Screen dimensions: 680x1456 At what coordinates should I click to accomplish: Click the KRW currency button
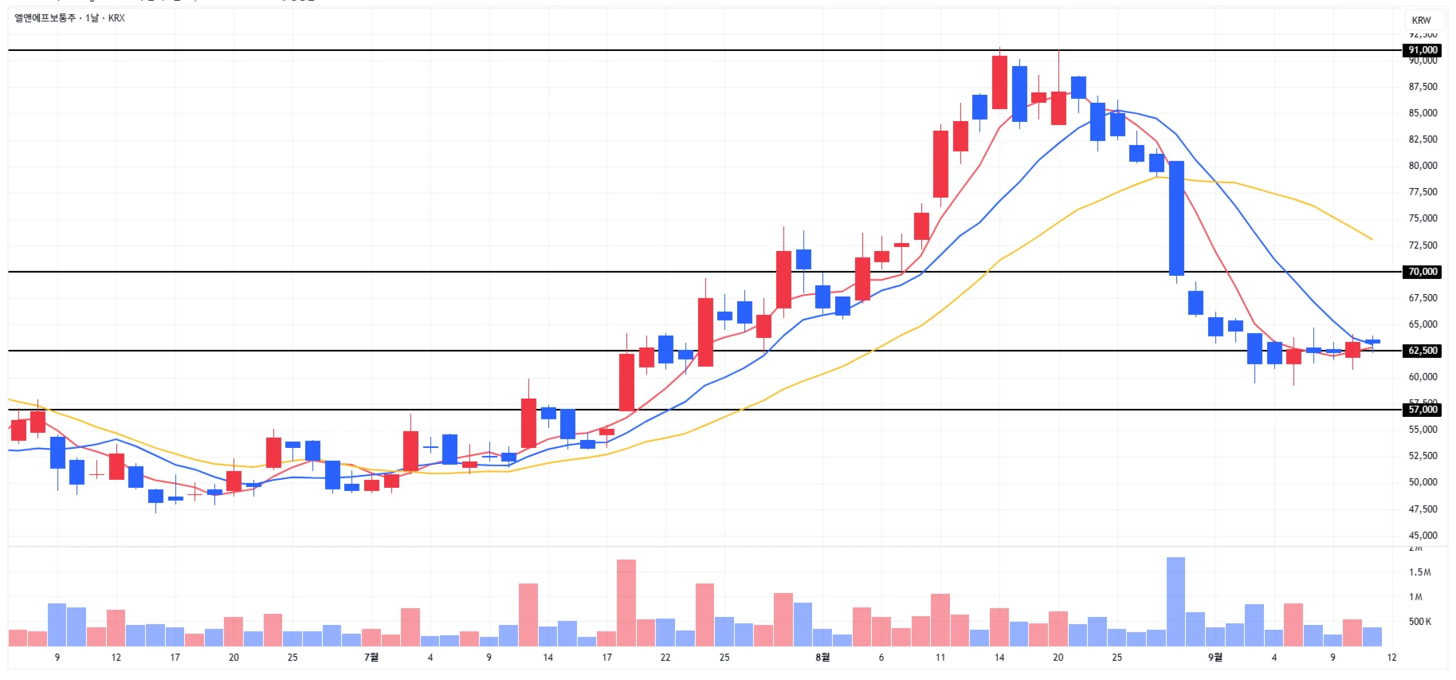(x=1421, y=20)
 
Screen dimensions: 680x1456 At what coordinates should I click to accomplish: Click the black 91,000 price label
(x=1423, y=50)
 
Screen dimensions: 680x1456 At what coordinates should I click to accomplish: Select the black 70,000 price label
(x=1423, y=272)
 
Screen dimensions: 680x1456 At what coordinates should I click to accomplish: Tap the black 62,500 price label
(x=1423, y=351)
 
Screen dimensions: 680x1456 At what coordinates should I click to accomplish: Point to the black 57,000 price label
(x=1423, y=410)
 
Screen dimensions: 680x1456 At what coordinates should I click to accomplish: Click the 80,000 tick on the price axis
(x=1423, y=166)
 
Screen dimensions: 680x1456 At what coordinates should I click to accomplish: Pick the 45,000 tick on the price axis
(x=1423, y=535)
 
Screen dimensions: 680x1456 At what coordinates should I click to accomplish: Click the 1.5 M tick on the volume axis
(x=1419, y=572)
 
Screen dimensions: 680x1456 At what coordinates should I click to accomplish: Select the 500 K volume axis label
(x=1419, y=622)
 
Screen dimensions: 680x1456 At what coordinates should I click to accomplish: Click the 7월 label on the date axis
(x=371, y=658)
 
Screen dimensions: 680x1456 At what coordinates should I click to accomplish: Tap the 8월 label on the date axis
(x=822, y=658)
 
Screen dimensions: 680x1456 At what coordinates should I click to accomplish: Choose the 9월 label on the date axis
(x=1215, y=658)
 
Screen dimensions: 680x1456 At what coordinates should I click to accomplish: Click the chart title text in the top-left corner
(x=70, y=18)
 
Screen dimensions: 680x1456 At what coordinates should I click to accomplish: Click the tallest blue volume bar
(x=1175, y=602)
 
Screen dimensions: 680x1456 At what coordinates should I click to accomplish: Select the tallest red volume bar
(x=626, y=603)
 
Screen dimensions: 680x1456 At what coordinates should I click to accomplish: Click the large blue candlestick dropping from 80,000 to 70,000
(x=1176, y=218)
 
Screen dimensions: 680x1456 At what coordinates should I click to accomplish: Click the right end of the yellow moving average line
(x=1372, y=239)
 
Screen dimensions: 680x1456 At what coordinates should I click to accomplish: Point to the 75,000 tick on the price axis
(x=1423, y=218)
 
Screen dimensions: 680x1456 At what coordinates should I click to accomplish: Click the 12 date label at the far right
(x=1391, y=658)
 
